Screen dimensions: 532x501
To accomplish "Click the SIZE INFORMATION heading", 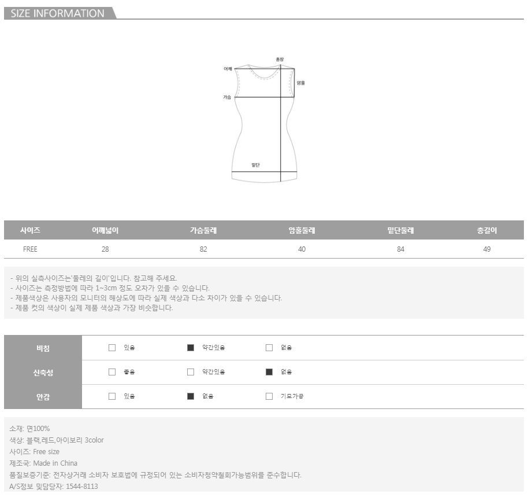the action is point(57,13).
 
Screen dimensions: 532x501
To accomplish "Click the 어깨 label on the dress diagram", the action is point(228,69).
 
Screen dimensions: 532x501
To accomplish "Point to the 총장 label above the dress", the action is point(280,60).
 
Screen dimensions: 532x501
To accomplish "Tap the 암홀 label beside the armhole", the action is point(301,83).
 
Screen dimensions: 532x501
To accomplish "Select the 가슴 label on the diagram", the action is point(227,97).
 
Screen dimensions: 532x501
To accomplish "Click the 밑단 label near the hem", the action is point(255,165).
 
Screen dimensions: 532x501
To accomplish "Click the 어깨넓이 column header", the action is point(105,230).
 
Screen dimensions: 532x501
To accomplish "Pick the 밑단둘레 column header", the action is point(401,230).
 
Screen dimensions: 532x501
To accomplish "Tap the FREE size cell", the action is point(30,249).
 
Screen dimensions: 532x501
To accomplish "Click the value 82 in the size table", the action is point(203,249).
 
